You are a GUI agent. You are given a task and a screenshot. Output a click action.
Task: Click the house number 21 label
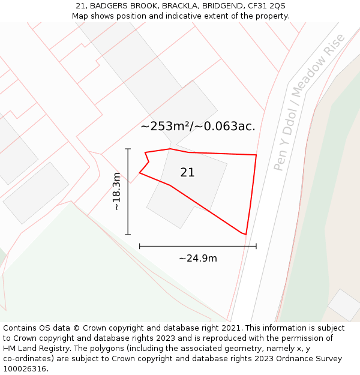187,172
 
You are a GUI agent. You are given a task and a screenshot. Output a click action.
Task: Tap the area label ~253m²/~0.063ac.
198,126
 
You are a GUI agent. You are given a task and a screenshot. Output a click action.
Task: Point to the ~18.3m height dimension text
116,191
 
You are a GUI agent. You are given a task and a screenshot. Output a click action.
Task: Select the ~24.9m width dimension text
197,259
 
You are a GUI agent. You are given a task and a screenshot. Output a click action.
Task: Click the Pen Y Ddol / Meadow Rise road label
309,102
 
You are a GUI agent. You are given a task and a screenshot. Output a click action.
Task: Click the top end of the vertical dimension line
128,149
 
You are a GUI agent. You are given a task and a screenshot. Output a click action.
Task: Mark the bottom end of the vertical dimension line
128,234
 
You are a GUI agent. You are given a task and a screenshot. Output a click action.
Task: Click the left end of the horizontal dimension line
140,246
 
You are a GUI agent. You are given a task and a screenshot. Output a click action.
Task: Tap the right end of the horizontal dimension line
256,246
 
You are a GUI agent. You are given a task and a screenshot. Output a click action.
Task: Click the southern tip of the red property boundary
245,234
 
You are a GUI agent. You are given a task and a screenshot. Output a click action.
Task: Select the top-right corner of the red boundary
256,155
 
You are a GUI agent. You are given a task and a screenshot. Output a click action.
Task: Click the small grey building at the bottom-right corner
344,305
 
